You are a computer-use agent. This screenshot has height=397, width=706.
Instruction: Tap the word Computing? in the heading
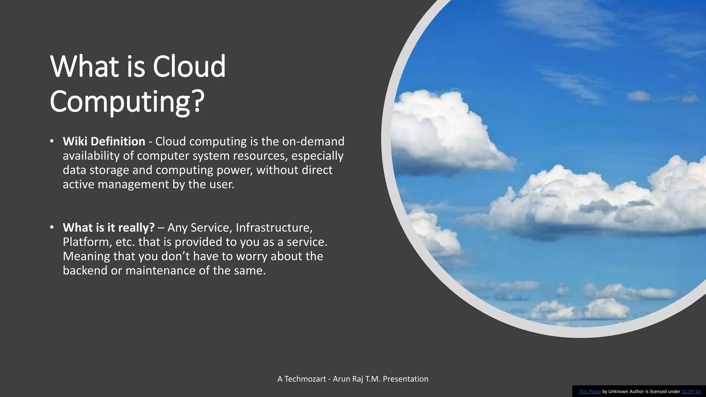pyautogui.click(x=127, y=101)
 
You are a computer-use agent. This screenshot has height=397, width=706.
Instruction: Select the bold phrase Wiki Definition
pyautogui.click(x=104, y=141)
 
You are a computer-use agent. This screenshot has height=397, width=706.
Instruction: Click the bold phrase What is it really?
pyautogui.click(x=109, y=227)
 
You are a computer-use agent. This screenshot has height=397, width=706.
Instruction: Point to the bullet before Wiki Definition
pyautogui.click(x=52, y=141)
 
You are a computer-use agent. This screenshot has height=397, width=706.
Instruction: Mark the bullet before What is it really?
pyautogui.click(x=52, y=227)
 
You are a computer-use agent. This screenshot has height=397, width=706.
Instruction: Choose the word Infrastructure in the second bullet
pyautogui.click(x=274, y=227)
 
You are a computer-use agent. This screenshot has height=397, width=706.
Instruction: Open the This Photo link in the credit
pyautogui.click(x=589, y=391)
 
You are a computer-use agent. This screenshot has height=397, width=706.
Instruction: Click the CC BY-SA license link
pyautogui.click(x=691, y=391)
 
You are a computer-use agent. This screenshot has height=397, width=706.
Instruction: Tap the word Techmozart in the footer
pyautogui.click(x=305, y=379)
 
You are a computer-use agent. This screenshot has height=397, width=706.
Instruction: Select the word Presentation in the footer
pyautogui.click(x=405, y=379)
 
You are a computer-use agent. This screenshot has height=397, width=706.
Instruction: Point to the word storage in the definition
pyautogui.click(x=109, y=170)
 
